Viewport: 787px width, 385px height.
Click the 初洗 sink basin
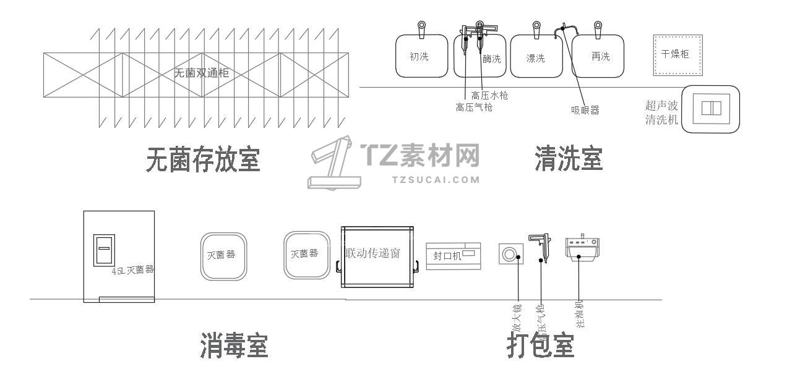click(421, 56)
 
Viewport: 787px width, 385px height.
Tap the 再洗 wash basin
click(598, 56)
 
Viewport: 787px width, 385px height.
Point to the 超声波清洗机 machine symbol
click(712, 109)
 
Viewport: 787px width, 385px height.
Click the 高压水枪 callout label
click(489, 95)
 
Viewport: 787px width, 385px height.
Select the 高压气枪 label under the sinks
click(474, 108)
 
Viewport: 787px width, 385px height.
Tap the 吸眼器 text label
click(585, 111)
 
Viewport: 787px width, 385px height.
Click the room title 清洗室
click(568, 159)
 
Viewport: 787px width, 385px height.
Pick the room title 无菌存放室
click(203, 159)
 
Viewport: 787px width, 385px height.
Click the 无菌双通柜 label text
click(201, 73)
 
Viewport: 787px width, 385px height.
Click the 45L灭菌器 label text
click(132, 270)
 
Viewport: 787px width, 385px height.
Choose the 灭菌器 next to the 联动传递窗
click(306, 255)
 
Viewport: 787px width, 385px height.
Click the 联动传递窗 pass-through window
click(377, 253)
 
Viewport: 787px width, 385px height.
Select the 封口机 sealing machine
click(453, 255)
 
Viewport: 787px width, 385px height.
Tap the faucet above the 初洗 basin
click(421, 28)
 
